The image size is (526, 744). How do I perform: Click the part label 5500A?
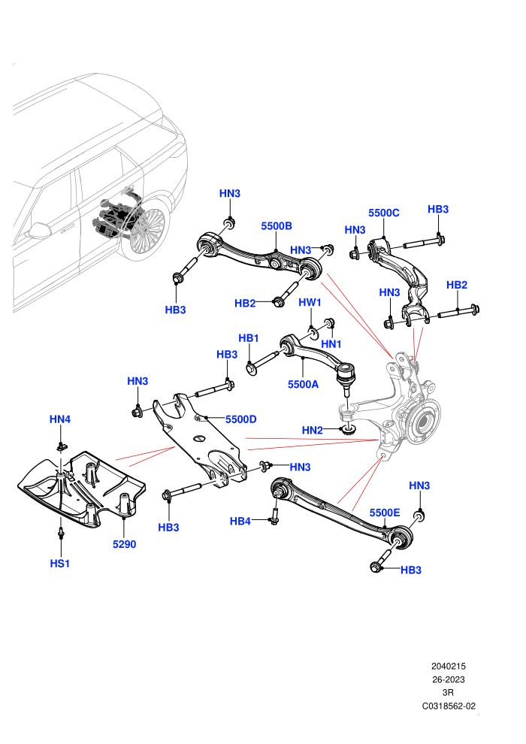pos(303,384)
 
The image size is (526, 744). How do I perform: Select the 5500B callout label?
pos(277,226)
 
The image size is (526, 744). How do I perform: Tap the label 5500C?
pos(384,213)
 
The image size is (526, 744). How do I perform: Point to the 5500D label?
pos(241,419)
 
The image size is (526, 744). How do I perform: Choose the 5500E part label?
pos(385,513)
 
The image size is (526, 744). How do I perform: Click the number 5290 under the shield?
pos(124,544)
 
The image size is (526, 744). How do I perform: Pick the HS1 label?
pos(60,563)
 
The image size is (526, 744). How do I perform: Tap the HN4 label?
pos(60,419)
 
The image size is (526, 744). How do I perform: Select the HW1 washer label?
pos(310,302)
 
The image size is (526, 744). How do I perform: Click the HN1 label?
pos(331,343)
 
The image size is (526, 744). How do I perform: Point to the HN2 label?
pos(312,431)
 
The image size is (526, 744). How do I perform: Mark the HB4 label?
pos(240,521)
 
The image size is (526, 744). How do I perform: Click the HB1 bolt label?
pos(249,338)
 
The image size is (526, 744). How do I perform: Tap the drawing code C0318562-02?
pos(449,706)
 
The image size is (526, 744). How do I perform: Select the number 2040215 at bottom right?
pos(449,666)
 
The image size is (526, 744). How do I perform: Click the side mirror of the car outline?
pos(39,230)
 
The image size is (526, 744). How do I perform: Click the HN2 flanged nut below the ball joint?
pos(349,430)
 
